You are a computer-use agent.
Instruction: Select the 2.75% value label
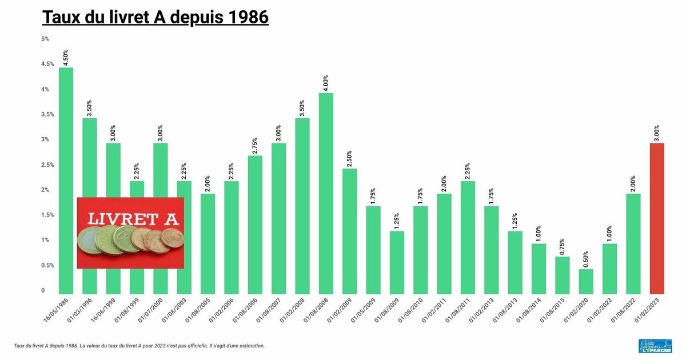click(x=255, y=146)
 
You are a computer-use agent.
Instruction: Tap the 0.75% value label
click(x=563, y=247)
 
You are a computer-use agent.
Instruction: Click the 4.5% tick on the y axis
click(x=47, y=64)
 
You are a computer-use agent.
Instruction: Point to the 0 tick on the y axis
click(x=42, y=291)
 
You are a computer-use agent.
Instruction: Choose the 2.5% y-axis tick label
click(x=47, y=165)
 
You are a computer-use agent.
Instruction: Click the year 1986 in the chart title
click(x=248, y=17)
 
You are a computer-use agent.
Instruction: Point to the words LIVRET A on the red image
click(x=132, y=218)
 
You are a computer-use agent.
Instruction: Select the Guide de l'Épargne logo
click(x=655, y=346)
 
